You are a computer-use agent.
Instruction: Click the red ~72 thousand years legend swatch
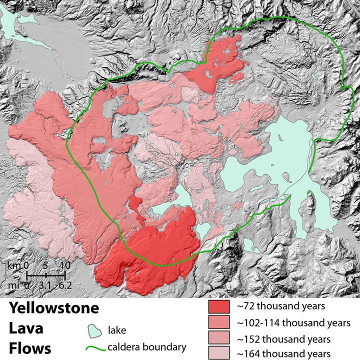(x=218, y=306)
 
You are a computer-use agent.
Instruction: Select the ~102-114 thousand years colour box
(x=218, y=323)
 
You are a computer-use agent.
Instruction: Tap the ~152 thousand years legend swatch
(x=218, y=339)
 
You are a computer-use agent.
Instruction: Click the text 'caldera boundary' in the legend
(x=146, y=347)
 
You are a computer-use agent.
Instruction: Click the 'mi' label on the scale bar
(x=13, y=285)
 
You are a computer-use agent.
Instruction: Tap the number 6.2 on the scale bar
(x=64, y=285)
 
